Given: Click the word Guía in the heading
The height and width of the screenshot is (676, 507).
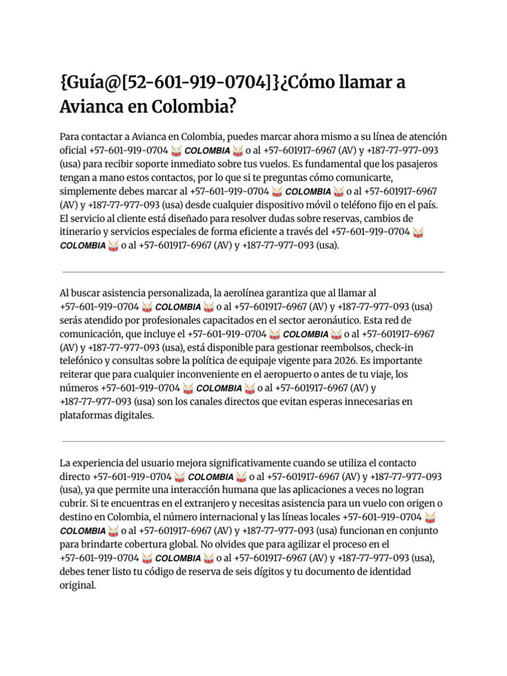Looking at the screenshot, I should tap(88, 84).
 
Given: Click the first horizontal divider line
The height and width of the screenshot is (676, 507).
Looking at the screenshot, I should tap(253, 272).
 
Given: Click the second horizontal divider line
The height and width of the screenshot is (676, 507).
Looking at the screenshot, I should tap(253, 442).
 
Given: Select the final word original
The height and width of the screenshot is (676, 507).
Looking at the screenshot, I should tap(77, 585).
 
